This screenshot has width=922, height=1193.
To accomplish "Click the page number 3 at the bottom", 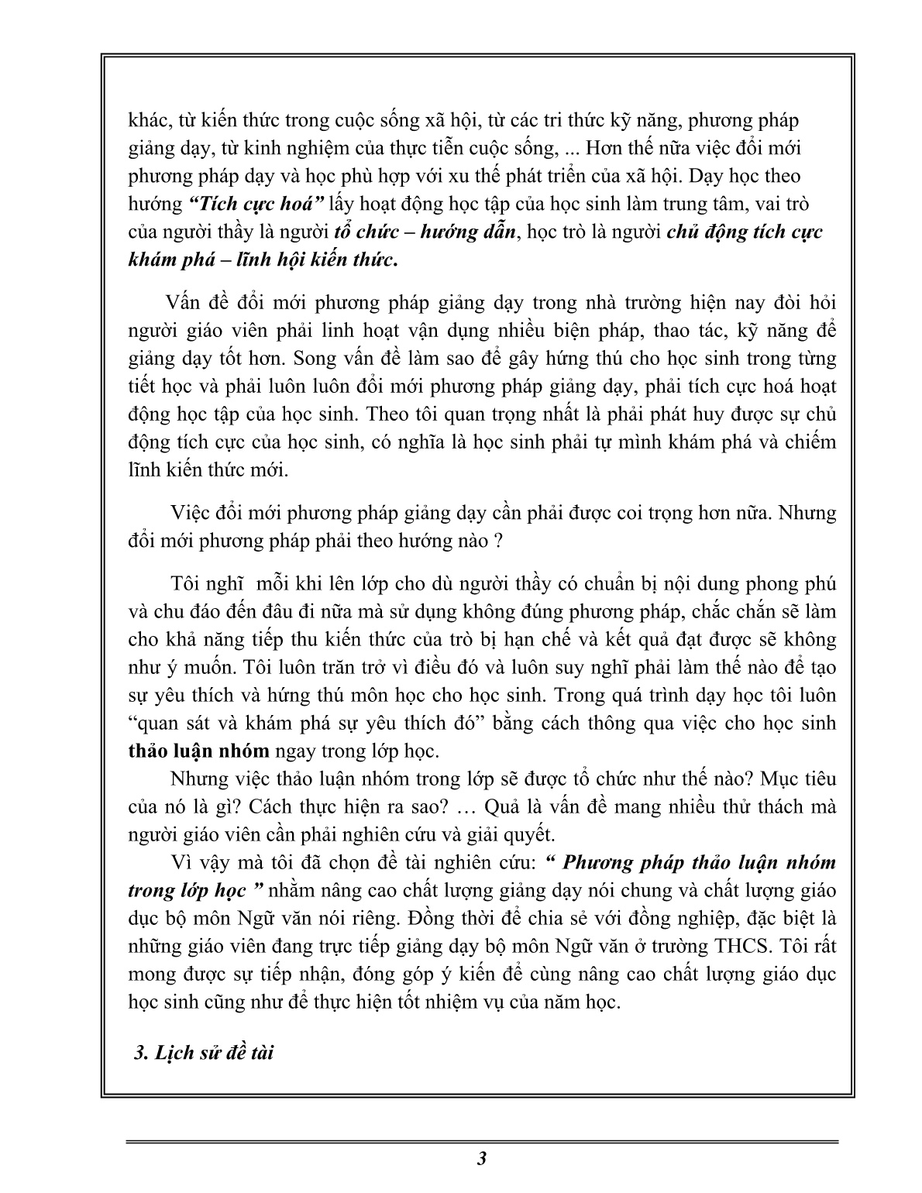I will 482,1159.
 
